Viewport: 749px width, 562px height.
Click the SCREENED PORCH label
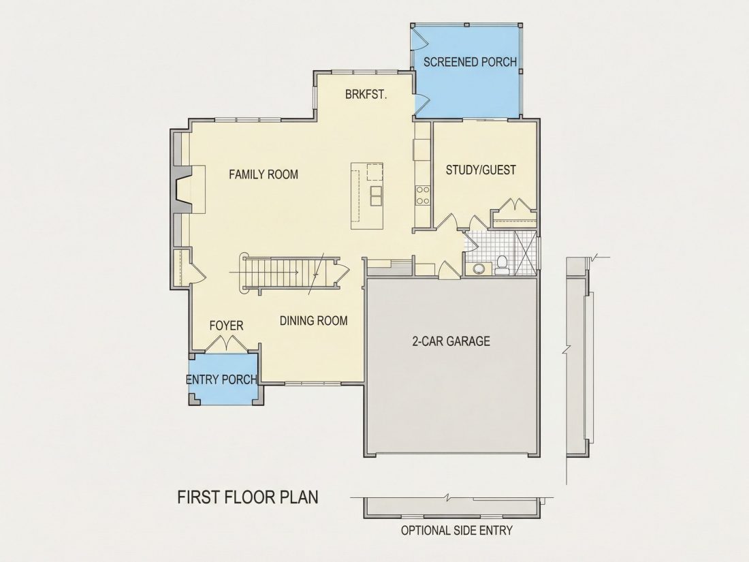tap(470, 62)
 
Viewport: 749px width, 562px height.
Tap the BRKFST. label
tap(366, 94)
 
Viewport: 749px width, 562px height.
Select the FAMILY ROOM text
tap(264, 174)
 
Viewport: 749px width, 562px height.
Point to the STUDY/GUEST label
tap(481, 170)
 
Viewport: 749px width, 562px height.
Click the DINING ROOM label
tap(313, 321)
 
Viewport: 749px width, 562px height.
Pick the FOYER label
tap(227, 326)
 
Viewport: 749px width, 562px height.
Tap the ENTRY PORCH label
tap(222, 379)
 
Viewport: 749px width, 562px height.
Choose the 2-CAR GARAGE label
tap(451, 341)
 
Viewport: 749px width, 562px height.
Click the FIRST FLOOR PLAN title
tap(247, 497)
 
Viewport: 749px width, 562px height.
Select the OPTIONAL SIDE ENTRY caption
tap(457, 531)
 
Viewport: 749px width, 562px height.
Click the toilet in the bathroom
tap(502, 265)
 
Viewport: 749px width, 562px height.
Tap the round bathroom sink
tap(478, 268)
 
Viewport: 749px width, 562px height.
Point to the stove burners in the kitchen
tap(423, 195)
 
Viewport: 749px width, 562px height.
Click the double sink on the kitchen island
tap(376, 196)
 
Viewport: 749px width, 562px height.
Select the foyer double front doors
tap(226, 343)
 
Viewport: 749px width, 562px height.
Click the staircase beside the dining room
tap(287, 273)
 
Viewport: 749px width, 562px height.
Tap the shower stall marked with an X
tap(526, 253)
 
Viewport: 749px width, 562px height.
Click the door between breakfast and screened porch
tap(422, 104)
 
